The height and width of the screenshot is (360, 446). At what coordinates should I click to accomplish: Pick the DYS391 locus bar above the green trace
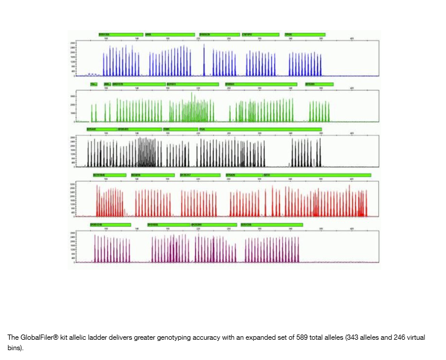319,85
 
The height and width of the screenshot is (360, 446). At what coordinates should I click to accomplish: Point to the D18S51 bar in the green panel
260,85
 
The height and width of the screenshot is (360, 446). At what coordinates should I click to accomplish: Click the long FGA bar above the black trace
259,129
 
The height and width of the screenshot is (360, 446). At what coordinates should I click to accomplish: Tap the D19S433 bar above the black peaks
139,129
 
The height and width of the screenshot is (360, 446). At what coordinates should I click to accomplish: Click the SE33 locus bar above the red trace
316,175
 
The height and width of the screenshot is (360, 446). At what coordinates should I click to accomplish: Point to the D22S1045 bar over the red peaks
109,175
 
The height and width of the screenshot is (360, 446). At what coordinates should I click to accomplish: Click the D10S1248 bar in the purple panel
110,224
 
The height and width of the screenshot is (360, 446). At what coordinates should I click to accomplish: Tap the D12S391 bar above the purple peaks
213,224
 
